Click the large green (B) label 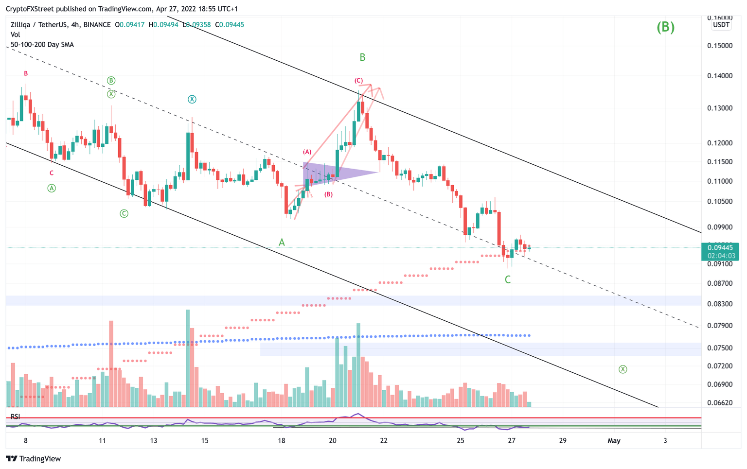pos(665,27)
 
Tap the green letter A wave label pos(282,242)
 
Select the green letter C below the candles pos(508,279)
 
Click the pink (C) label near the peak pos(358,81)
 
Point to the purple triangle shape pos(336,173)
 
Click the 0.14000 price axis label pos(719,76)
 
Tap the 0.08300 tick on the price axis pos(719,304)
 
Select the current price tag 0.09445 pos(720,248)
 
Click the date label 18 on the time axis pos(281,441)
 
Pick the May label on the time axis pos(614,441)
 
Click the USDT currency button pos(721,25)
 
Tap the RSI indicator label pos(16,417)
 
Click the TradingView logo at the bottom pos(34,458)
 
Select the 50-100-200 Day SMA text pos(42,45)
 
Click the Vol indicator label pos(15,35)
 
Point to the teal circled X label pos(192,99)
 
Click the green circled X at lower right pos(622,369)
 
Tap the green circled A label pos(52,188)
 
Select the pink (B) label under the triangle pos(329,194)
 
